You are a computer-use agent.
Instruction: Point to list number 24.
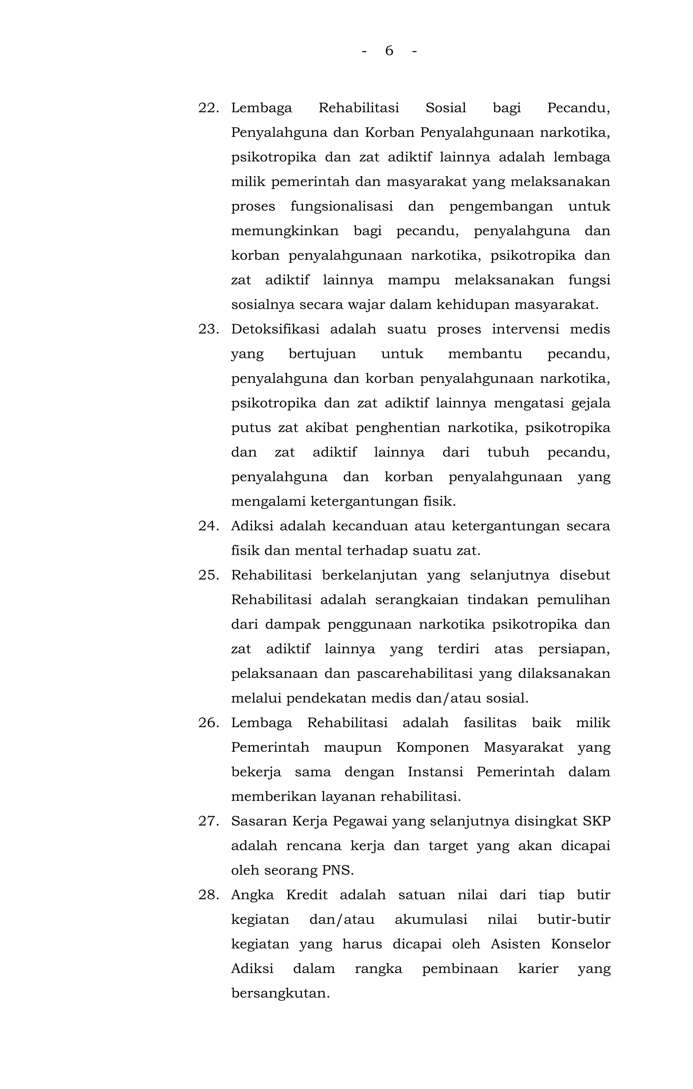click(208, 526)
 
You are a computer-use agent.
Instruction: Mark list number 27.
click(208, 821)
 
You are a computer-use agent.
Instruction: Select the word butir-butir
click(574, 920)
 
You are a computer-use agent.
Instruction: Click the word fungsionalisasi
click(341, 207)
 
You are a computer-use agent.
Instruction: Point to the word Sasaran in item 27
click(257, 821)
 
